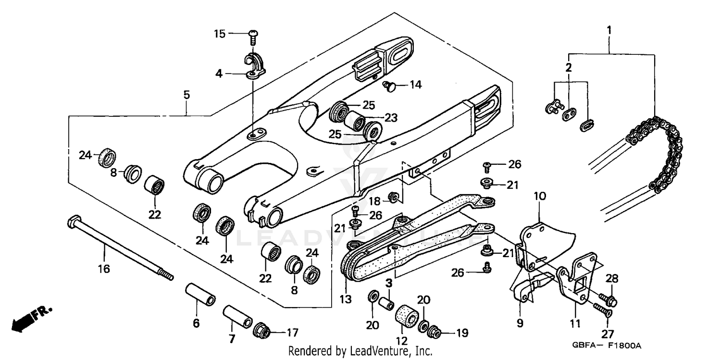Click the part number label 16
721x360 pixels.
104,269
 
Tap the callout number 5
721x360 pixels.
186,95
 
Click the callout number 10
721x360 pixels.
540,196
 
